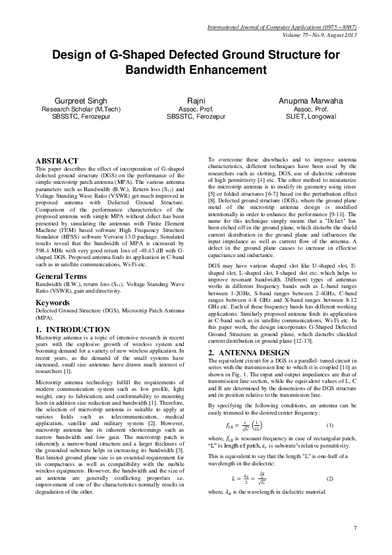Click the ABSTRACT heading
click(55, 160)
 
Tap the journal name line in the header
click(282, 28)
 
